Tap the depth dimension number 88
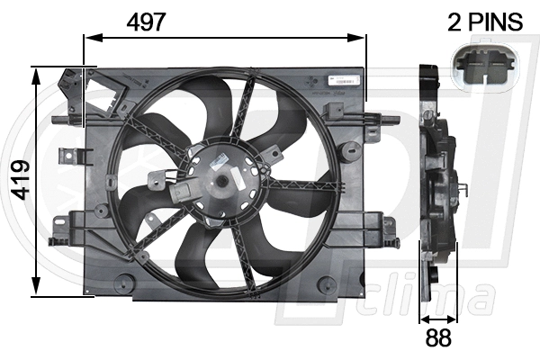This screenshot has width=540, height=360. click(437, 338)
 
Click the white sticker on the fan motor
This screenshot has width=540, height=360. click(219, 159)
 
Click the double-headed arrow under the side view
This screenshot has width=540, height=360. click(437, 318)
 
